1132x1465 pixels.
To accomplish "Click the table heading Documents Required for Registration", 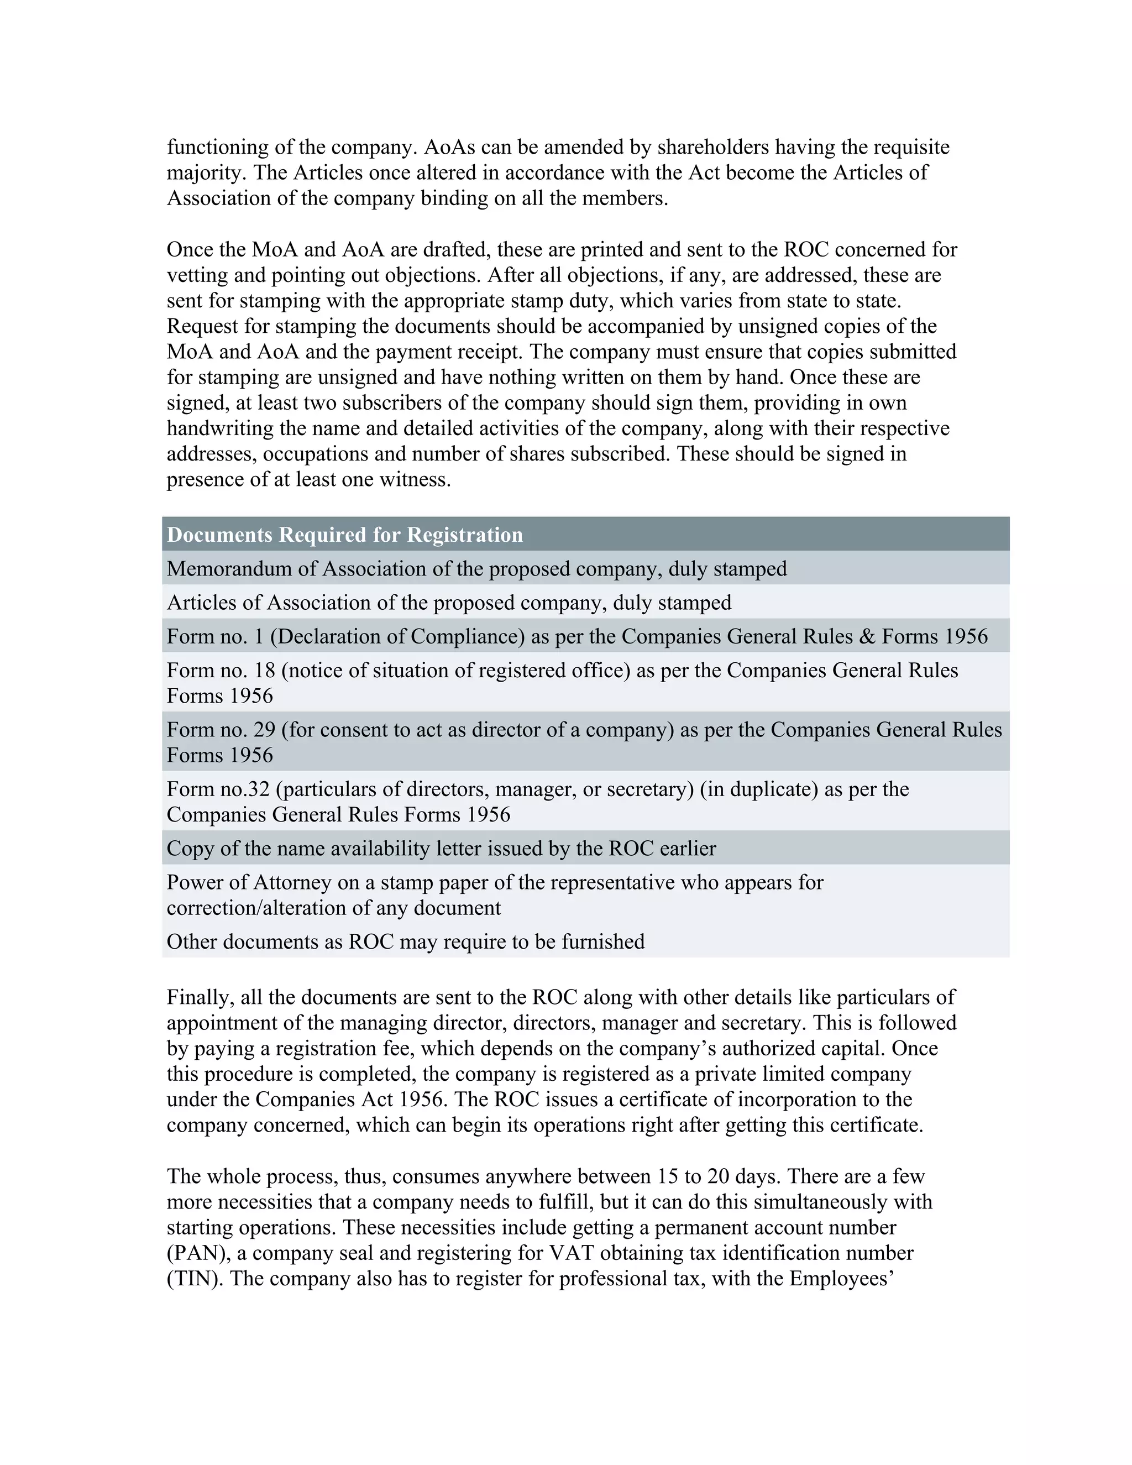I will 345,535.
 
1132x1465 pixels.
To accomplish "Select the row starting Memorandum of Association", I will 476,568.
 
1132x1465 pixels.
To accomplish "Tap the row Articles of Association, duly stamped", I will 449,603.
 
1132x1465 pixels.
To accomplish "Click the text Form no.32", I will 217,789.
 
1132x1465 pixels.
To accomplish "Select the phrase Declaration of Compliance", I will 397,636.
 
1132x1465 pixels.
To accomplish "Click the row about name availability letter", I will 441,848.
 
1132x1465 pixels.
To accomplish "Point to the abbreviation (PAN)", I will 195,1253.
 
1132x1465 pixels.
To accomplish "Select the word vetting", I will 195,275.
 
